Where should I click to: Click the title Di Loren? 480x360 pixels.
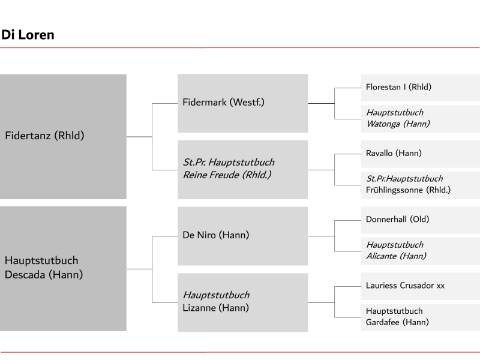(x=28, y=35)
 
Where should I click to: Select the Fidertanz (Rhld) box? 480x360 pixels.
(x=63, y=137)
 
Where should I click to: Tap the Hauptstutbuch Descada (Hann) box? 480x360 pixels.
(x=63, y=268)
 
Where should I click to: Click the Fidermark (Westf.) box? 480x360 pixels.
(x=243, y=103)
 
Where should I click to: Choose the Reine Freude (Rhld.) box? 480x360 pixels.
(x=243, y=170)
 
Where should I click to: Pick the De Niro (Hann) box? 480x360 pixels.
(x=243, y=236)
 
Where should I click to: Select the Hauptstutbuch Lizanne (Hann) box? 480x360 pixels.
(x=243, y=302)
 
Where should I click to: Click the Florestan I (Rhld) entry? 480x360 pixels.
(x=421, y=88)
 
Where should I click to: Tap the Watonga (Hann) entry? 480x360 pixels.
(x=421, y=119)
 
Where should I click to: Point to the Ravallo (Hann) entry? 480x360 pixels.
(x=421, y=154)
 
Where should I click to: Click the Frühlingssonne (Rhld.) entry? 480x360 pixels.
(x=421, y=185)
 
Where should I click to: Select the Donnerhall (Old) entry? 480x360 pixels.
(x=421, y=220)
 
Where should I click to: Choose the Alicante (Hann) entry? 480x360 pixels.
(x=421, y=251)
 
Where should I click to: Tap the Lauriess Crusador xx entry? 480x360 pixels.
(x=421, y=286)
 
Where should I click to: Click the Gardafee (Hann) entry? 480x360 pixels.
(x=421, y=317)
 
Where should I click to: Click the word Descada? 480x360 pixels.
(x=25, y=275)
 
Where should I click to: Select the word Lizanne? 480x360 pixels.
(x=199, y=308)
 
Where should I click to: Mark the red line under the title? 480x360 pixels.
(x=239, y=48)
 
